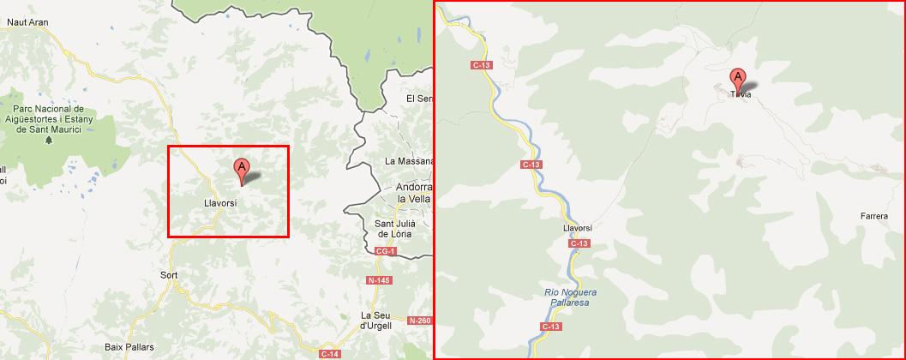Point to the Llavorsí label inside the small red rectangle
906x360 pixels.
pyautogui.click(x=220, y=204)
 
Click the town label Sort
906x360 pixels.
pyautogui.click(x=169, y=276)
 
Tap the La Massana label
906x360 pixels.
pyautogui.click(x=408, y=161)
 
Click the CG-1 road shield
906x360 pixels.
pyautogui.click(x=385, y=251)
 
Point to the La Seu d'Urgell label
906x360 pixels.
pyautogui.click(x=376, y=320)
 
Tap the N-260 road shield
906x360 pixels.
pyautogui.click(x=420, y=321)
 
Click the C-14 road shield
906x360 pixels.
pyautogui.click(x=329, y=353)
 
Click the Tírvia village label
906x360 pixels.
pyautogui.click(x=741, y=94)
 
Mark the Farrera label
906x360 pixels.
pyautogui.click(x=874, y=217)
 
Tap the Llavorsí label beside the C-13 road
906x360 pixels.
pyautogui.click(x=578, y=228)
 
